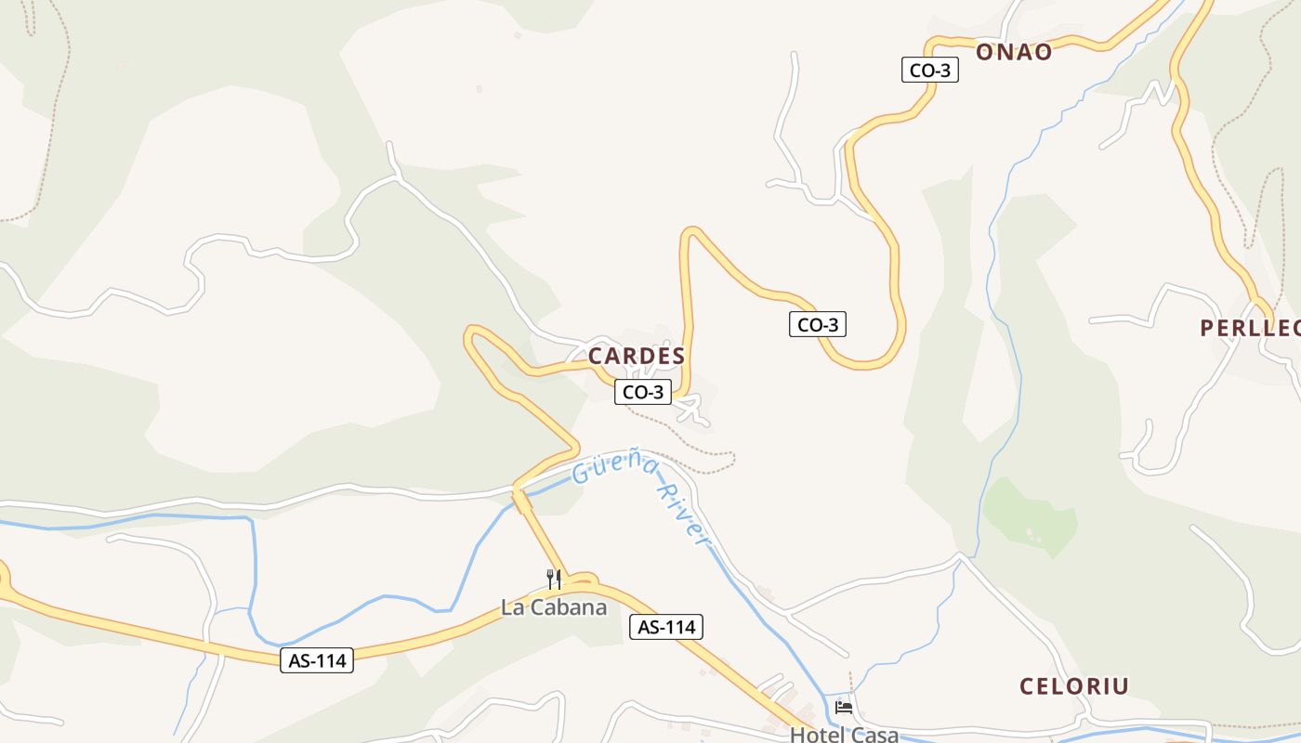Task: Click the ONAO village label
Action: (x=1014, y=52)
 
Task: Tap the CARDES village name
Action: (x=637, y=356)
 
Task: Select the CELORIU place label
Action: (x=1074, y=686)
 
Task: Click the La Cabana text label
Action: (x=554, y=608)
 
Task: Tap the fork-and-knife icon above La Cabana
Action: (x=554, y=580)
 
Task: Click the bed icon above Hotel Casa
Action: (x=844, y=708)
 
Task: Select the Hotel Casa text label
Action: (x=844, y=735)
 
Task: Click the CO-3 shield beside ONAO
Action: (x=930, y=70)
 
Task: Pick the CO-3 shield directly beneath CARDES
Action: (x=643, y=393)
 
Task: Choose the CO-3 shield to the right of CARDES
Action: (x=818, y=324)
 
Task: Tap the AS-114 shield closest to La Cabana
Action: (x=666, y=627)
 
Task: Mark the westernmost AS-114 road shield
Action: (x=317, y=660)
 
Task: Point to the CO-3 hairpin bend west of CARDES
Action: (x=471, y=334)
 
